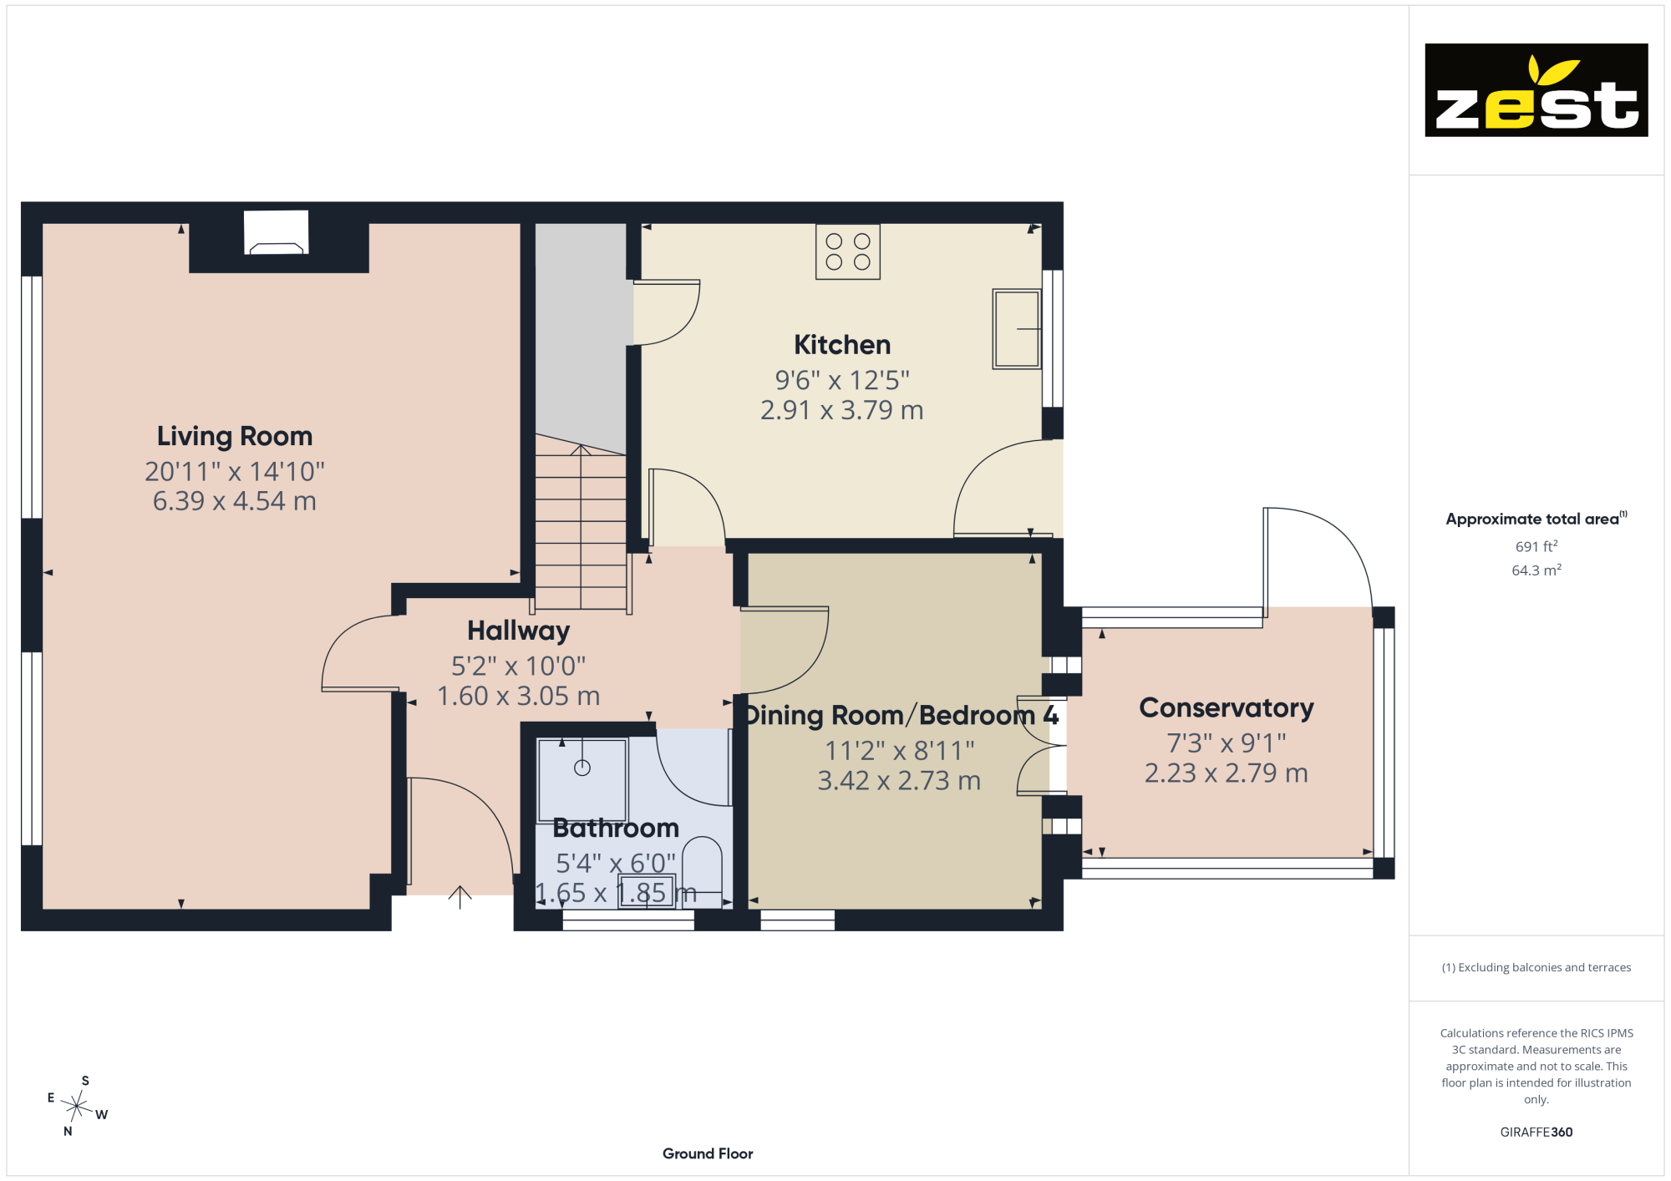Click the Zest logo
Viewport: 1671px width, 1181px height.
click(1536, 90)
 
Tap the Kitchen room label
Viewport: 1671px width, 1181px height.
click(842, 345)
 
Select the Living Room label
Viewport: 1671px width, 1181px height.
click(235, 436)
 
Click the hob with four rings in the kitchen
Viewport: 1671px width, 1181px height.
click(848, 251)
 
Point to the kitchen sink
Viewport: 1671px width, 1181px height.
click(1016, 329)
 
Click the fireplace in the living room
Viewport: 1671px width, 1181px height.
click(277, 233)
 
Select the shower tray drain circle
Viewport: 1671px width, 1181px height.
click(582, 768)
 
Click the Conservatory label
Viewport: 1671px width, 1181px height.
click(1227, 708)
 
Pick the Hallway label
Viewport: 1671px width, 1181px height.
click(519, 631)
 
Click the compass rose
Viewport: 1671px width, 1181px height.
click(77, 1107)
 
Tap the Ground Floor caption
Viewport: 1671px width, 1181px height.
click(708, 1153)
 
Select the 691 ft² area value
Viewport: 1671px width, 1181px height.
click(1536, 546)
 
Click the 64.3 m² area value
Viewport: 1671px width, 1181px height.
click(1536, 570)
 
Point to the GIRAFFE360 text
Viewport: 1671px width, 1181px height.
click(1536, 1133)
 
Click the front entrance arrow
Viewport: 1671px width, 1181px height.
click(460, 897)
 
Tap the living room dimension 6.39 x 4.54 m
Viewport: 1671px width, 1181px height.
click(235, 501)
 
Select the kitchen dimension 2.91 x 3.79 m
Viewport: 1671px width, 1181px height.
click(842, 411)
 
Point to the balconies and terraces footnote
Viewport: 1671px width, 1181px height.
click(1536, 967)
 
